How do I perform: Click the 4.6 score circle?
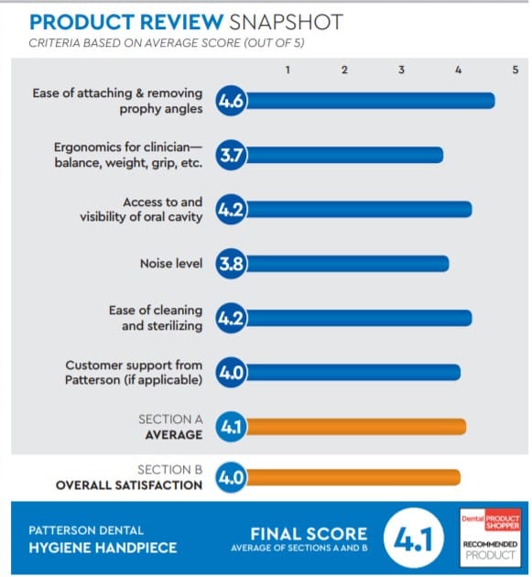(230, 101)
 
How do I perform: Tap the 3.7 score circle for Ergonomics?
(230, 156)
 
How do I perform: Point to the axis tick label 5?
(515, 70)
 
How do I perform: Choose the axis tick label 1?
(288, 70)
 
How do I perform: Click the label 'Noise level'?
(171, 264)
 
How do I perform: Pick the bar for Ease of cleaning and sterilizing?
(358, 318)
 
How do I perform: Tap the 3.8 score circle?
(230, 264)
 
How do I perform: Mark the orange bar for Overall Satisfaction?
(353, 477)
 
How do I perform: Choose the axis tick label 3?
(401, 70)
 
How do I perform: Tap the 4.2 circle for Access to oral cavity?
(230, 210)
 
